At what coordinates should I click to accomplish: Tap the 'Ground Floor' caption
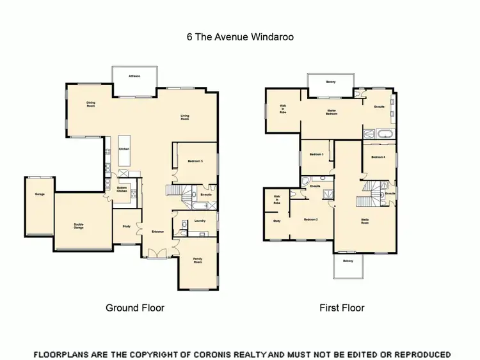134,308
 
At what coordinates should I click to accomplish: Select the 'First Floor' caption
342,308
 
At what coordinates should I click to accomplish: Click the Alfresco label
134,76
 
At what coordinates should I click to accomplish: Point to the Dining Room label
91,104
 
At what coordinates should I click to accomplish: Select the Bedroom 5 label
195,162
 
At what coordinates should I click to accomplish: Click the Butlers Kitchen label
122,189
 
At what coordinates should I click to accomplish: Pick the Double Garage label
79,225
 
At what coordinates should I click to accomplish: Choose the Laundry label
199,221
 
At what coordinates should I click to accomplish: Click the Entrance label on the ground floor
157,231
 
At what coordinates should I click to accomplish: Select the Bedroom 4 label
378,157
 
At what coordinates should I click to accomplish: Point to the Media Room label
364,219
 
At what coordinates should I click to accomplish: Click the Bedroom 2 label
311,219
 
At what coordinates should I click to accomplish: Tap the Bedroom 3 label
316,155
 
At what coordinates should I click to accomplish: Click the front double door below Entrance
157,254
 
